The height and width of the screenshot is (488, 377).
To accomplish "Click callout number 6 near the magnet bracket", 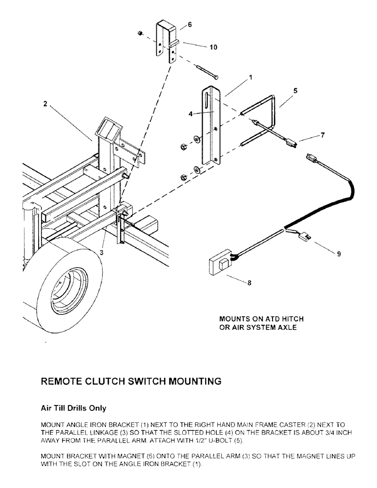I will (190, 24).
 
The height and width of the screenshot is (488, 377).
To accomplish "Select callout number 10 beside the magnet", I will (213, 48).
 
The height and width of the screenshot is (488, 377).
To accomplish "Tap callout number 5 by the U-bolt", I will (295, 90).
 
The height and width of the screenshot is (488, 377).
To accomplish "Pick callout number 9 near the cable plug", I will (338, 253).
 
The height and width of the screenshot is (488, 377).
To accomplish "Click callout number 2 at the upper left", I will (44, 103).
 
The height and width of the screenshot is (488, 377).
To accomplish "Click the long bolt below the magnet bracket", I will (207, 72).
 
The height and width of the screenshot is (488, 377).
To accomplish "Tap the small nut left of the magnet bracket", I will (140, 34).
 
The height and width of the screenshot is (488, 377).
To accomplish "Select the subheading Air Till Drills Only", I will (73, 407).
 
